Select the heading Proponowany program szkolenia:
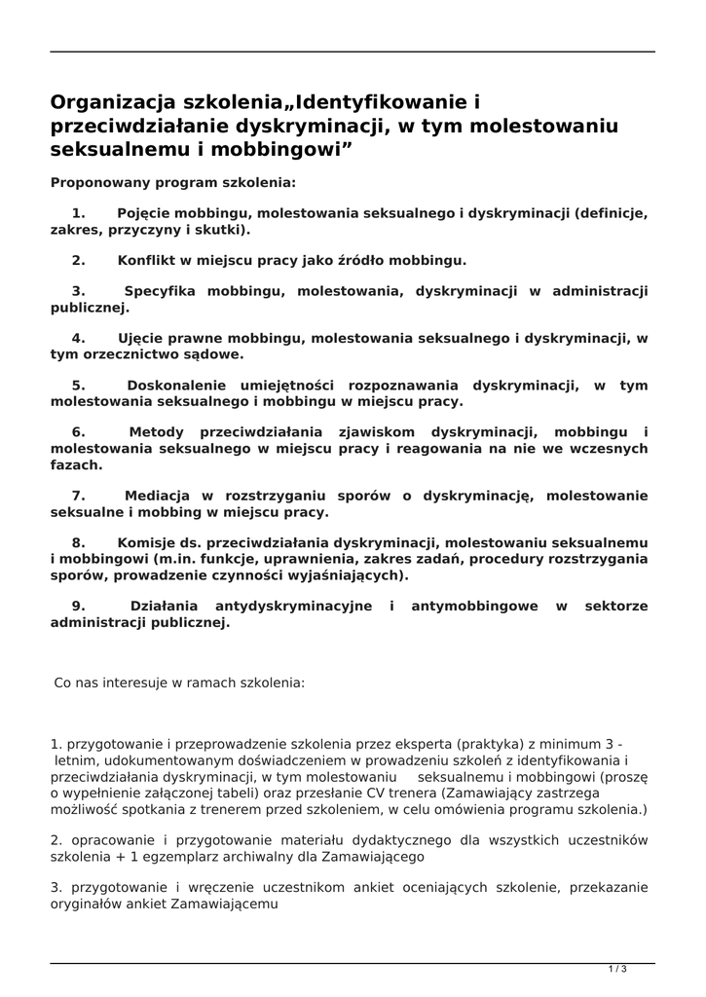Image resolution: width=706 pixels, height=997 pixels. pos(173,182)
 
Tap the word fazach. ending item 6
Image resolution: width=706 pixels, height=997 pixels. pos(76,464)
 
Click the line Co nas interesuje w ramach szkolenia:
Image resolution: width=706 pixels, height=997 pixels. pos(179,683)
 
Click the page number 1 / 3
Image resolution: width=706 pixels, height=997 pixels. pos(617,969)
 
